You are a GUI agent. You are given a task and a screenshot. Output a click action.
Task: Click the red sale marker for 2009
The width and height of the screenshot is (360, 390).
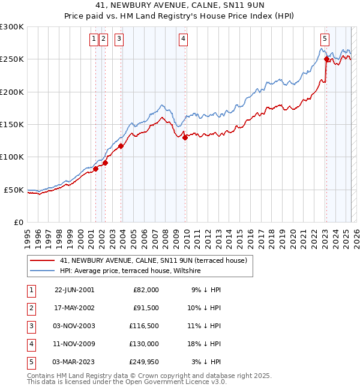pyautogui.click(x=185, y=137)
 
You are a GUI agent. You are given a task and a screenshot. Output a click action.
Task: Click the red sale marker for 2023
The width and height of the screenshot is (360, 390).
pyautogui.click(x=326, y=59)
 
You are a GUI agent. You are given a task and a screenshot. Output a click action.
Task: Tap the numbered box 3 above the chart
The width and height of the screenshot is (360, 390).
pyautogui.click(x=119, y=40)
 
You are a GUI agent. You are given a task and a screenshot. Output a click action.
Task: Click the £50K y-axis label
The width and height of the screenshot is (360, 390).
pyautogui.click(x=14, y=190)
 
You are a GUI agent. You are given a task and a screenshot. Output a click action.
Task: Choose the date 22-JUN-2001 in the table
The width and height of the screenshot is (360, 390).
pyautogui.click(x=74, y=289)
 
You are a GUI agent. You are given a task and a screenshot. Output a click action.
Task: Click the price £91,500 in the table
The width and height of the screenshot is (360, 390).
pyautogui.click(x=146, y=307)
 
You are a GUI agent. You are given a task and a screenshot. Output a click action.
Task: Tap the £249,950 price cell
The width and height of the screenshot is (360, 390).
pyautogui.click(x=143, y=362)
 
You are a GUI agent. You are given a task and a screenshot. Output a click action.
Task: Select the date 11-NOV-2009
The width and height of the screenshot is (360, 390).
pyautogui.click(x=74, y=344)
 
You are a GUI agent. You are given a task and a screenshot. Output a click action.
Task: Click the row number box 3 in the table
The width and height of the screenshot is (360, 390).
pyautogui.click(x=30, y=326)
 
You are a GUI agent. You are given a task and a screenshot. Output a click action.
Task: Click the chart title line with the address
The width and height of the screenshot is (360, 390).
pyautogui.click(x=179, y=5)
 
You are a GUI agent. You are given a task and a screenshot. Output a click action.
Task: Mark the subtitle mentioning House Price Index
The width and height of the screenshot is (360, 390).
pyautogui.click(x=179, y=16)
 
